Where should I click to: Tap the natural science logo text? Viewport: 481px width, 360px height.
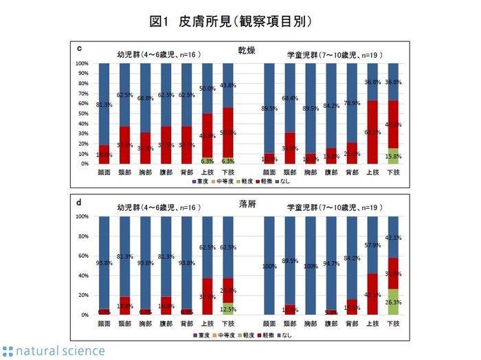(54, 350)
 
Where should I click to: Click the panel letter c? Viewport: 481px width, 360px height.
(80, 48)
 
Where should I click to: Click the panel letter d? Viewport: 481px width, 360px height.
(80, 202)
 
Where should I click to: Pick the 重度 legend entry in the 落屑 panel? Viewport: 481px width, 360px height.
(199, 335)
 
